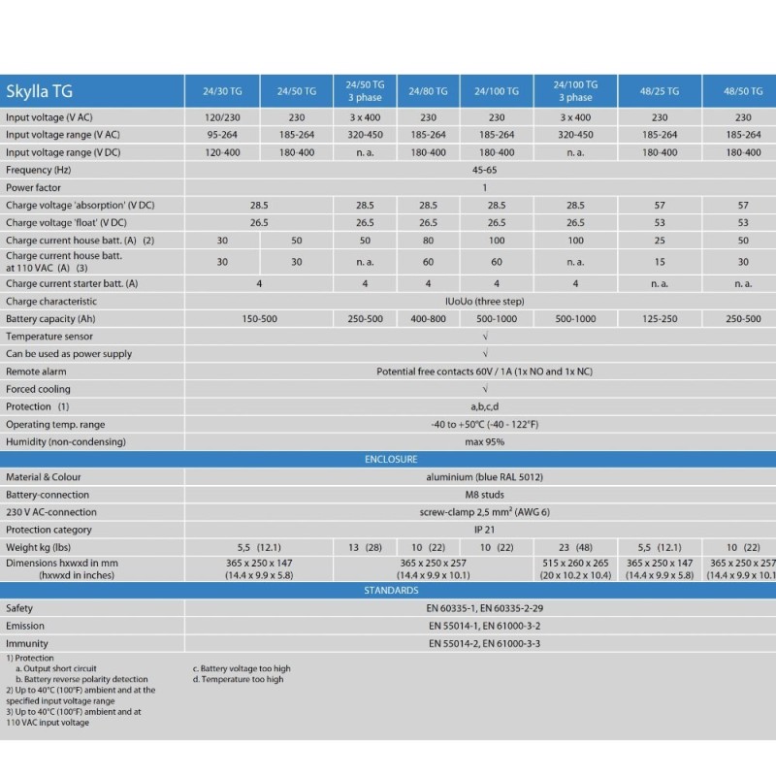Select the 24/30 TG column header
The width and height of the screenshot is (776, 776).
click(x=222, y=91)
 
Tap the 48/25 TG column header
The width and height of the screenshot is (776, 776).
click(x=666, y=91)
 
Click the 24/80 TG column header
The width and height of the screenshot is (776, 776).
click(x=428, y=91)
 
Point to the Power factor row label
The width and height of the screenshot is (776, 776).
click(x=35, y=187)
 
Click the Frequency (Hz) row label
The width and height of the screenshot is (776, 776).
click(x=43, y=170)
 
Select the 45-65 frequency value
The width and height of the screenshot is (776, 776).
click(x=485, y=170)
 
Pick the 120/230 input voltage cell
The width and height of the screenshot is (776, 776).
click(x=222, y=117)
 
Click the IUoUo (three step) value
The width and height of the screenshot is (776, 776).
click(x=485, y=301)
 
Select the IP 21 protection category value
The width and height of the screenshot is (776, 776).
click(x=485, y=530)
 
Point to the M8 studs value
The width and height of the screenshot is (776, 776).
click(x=485, y=495)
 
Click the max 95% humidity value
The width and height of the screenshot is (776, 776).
click(x=485, y=442)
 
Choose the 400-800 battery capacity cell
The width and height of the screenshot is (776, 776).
click(x=428, y=319)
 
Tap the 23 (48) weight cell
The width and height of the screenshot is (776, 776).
click(x=575, y=548)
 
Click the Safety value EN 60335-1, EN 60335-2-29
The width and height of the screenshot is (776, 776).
click(x=485, y=608)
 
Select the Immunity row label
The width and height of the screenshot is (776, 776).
click(x=27, y=643)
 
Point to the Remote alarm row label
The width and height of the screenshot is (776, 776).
click(x=37, y=372)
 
